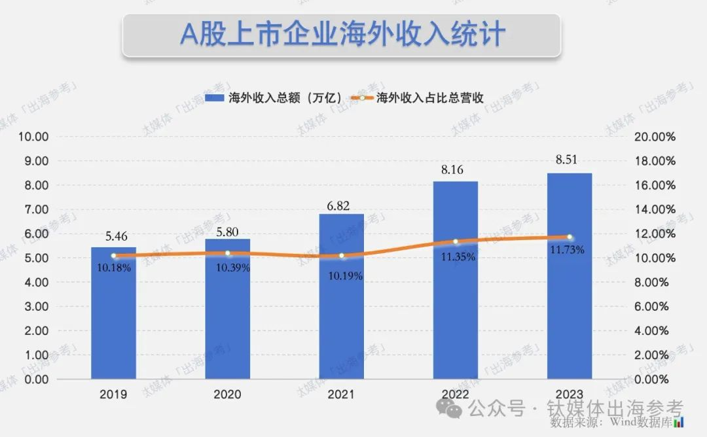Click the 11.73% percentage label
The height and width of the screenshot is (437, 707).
coord(570,249)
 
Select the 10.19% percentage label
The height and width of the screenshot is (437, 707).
coord(341,275)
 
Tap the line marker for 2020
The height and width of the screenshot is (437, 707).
coord(227,253)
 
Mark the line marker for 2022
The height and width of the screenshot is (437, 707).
coord(456,241)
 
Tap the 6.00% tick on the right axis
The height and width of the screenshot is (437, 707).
coord(655,306)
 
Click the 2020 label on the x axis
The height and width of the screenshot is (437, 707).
coord(227,394)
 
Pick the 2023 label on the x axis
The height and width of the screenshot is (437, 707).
coord(570,394)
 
